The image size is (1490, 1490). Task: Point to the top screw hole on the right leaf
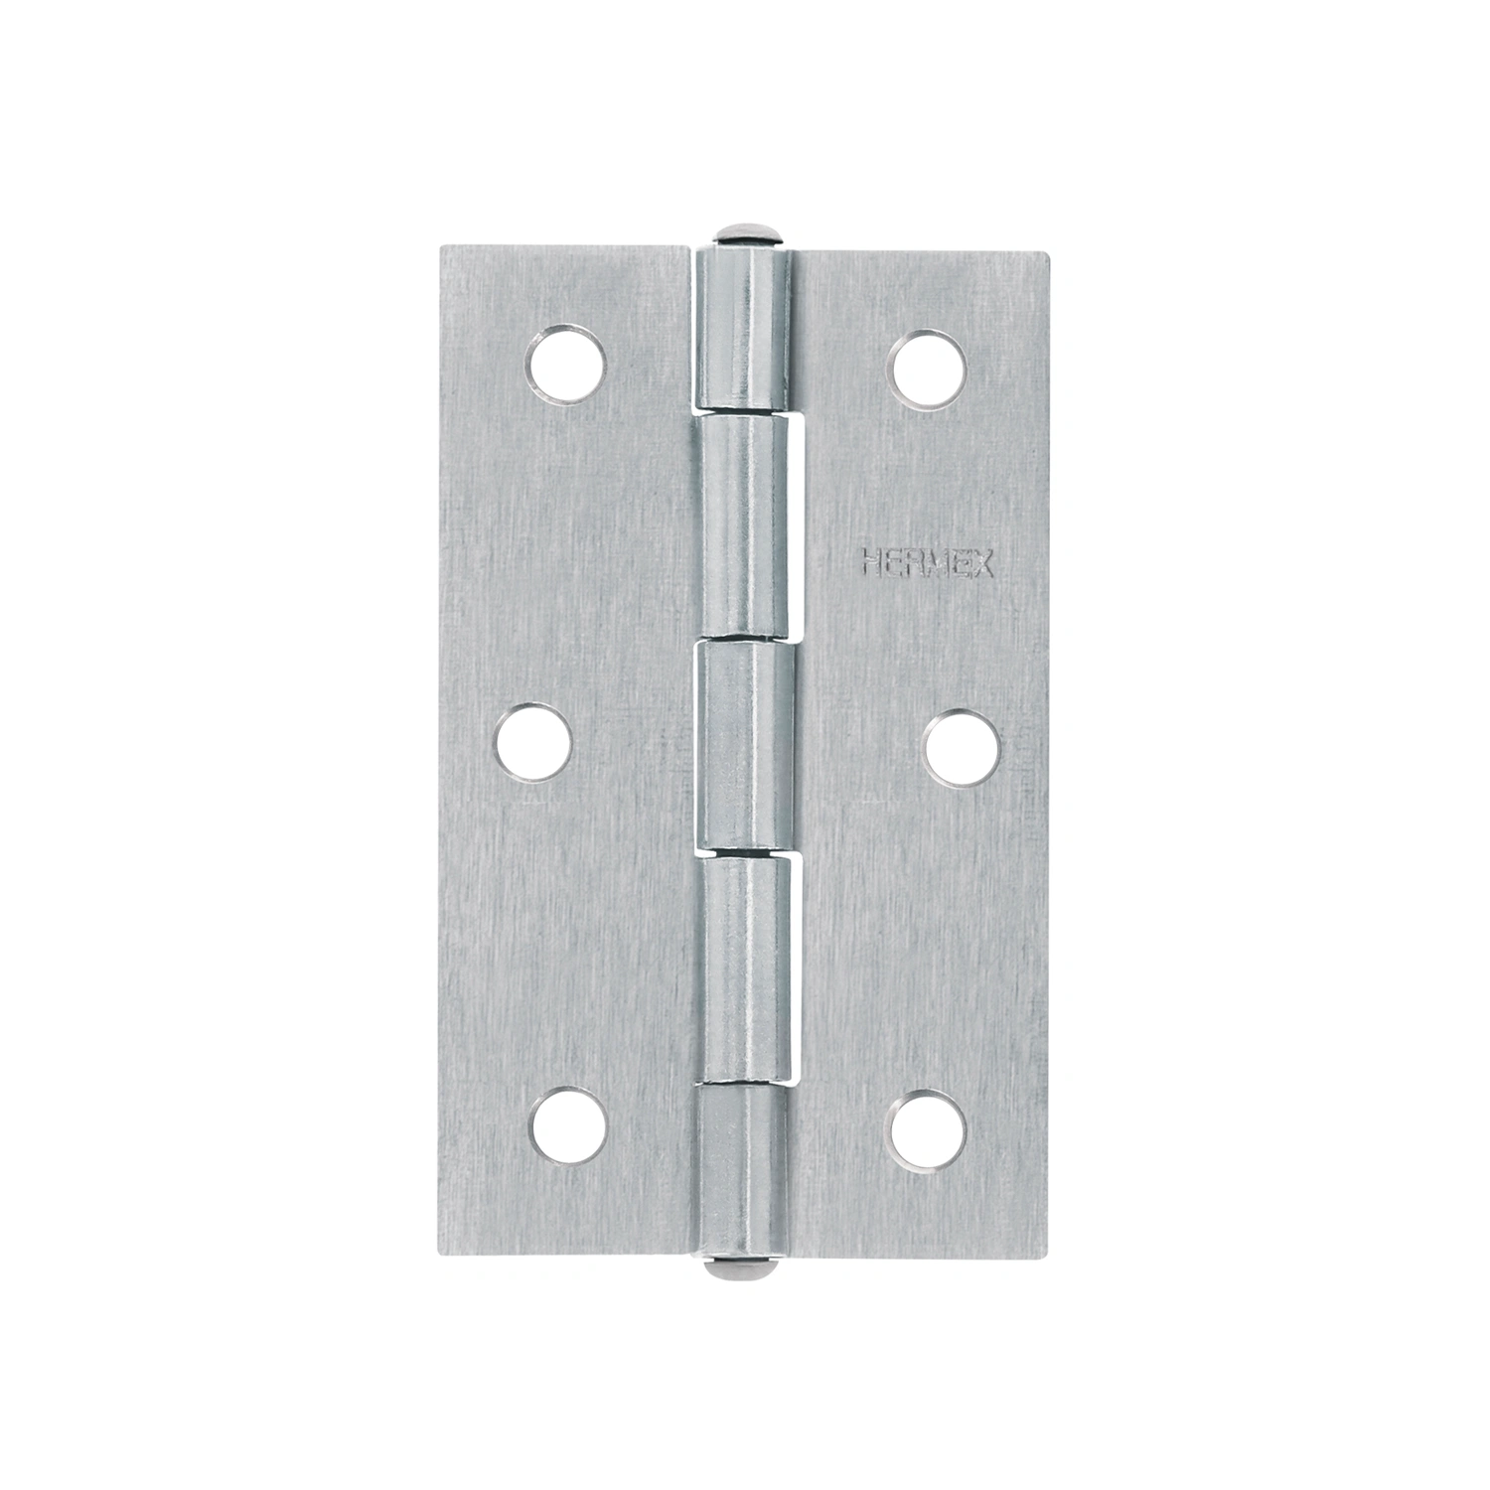click(x=928, y=364)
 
